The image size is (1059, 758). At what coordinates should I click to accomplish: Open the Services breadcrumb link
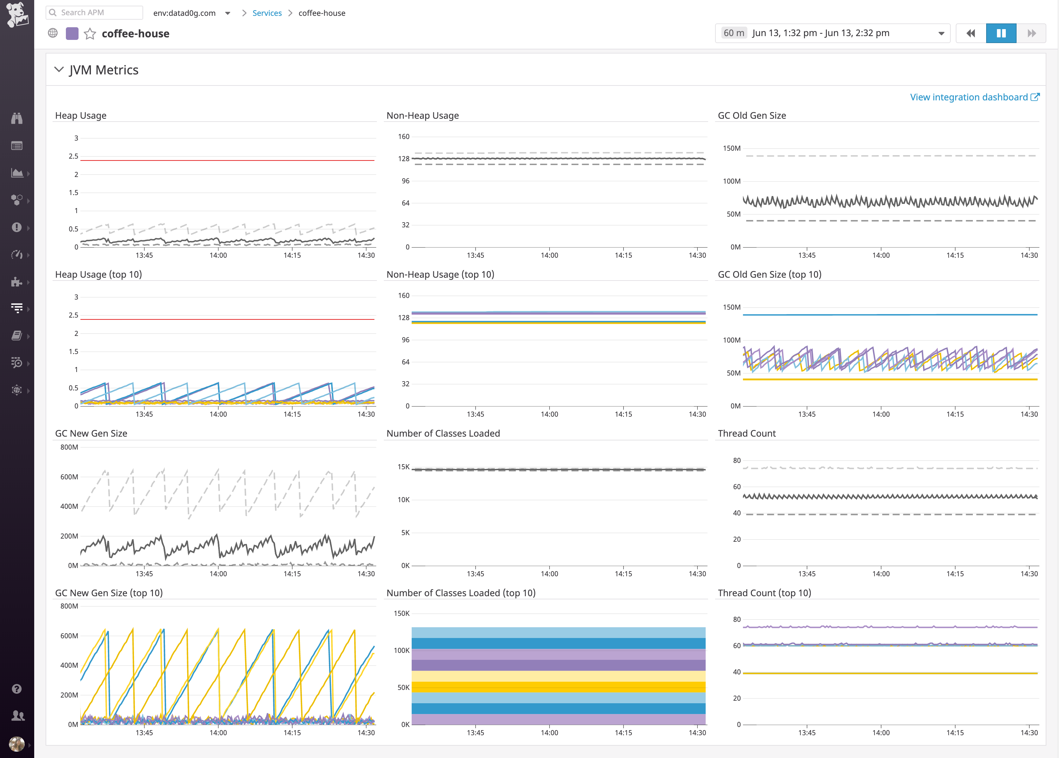pos(267,13)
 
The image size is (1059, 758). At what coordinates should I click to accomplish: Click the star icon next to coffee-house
pos(90,34)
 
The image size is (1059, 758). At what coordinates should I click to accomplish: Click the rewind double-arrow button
pos(970,33)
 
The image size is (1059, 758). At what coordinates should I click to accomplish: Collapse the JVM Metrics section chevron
pos(59,70)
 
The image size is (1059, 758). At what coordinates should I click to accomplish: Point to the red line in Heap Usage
pos(227,160)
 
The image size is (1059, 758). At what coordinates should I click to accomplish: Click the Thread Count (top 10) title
pos(764,593)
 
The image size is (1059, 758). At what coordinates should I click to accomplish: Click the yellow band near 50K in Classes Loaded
pos(558,687)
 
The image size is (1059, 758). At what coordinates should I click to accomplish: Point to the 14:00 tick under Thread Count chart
pos(881,574)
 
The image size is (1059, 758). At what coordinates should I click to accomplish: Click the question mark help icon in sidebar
pos(17,689)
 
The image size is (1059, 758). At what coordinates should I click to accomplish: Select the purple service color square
pos(72,34)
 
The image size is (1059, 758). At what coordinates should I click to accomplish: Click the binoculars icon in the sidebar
pos(17,118)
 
